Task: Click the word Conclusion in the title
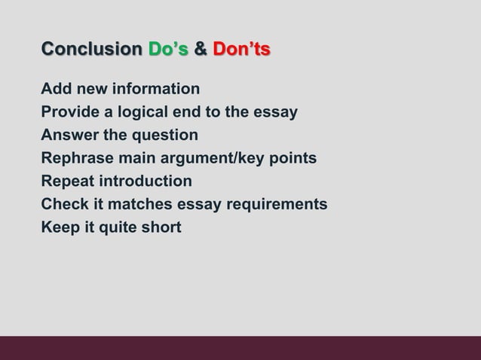(91, 50)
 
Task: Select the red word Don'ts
(241, 50)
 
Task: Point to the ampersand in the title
(201, 50)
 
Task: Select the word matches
(143, 204)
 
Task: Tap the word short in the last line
(161, 227)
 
